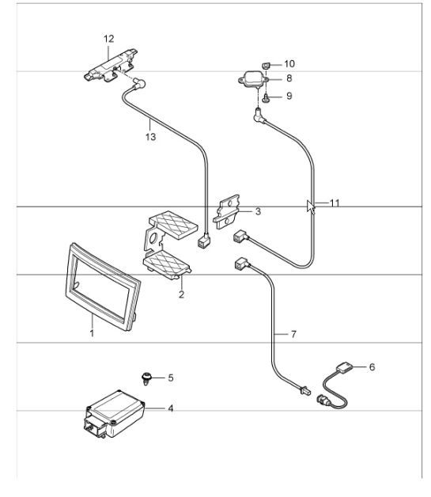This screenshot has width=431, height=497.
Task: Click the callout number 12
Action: point(108,38)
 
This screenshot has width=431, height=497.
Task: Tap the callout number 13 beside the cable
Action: point(150,136)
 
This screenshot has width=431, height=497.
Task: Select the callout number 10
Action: point(289,63)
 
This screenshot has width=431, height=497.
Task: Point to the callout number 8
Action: point(289,78)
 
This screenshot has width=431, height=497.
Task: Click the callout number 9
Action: point(289,96)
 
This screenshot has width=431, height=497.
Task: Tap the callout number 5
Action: point(169,377)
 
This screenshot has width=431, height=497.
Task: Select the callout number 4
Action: point(169,408)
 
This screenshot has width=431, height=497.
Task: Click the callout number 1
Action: point(92,334)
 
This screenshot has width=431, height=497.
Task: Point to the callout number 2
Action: point(181,294)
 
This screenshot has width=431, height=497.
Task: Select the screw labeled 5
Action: point(145,377)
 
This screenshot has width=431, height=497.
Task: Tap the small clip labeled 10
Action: point(267,63)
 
